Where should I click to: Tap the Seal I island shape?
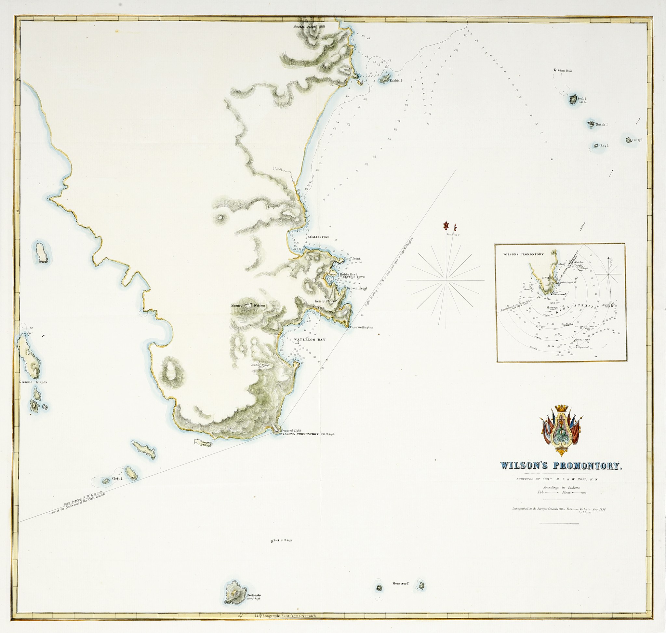(x=573, y=100)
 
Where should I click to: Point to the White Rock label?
(x=565, y=71)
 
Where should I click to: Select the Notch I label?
(x=602, y=125)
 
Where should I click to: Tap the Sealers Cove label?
(x=318, y=237)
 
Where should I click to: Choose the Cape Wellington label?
(x=361, y=327)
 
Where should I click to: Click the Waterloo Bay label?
(x=309, y=340)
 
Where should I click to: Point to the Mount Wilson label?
(x=248, y=306)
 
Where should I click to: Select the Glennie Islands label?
(x=33, y=382)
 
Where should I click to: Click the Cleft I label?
(x=117, y=479)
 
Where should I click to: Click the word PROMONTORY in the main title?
(x=587, y=466)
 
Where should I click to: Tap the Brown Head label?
(x=356, y=288)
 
